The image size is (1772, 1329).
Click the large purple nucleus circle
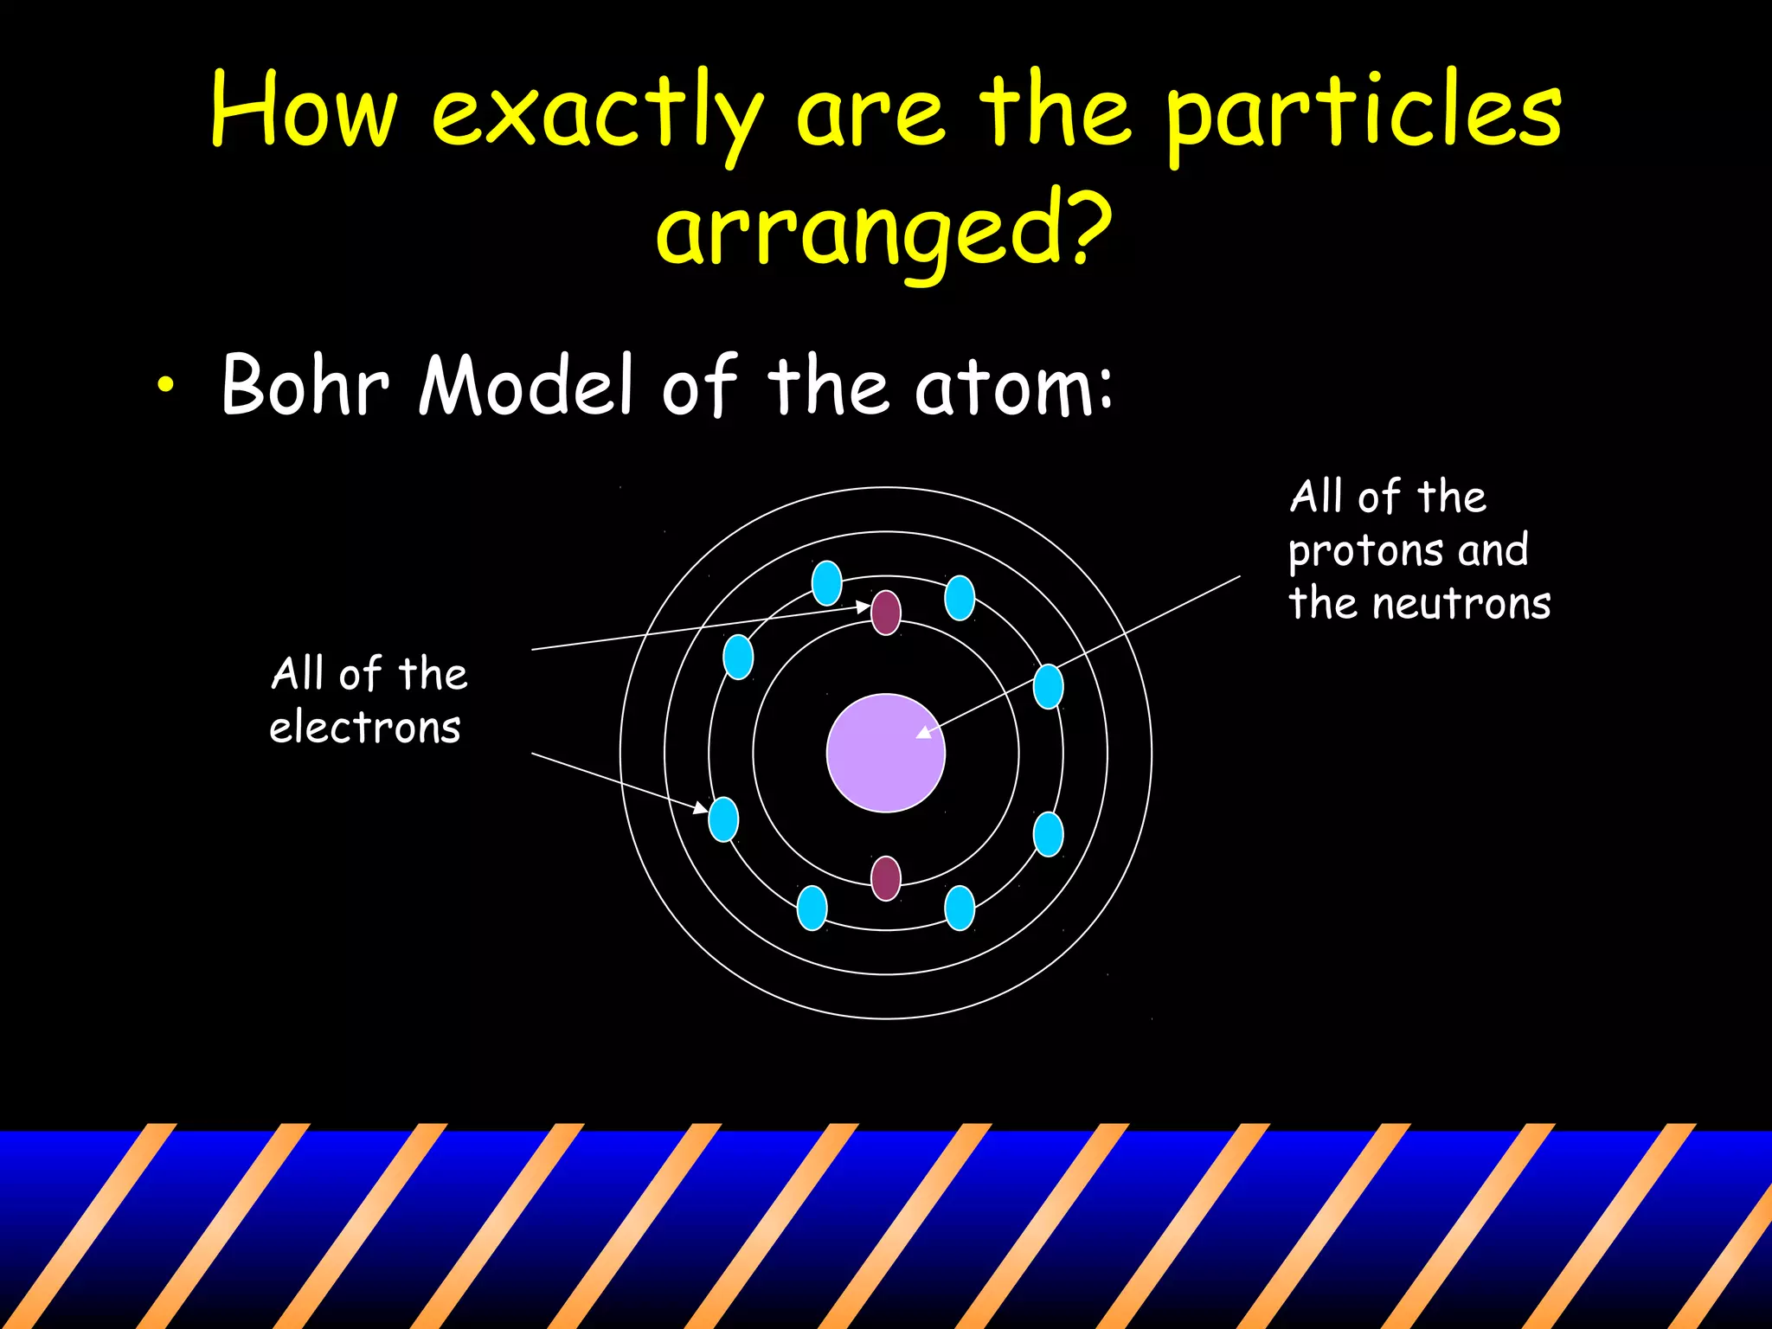(x=885, y=752)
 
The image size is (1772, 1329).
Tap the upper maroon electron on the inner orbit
(x=885, y=613)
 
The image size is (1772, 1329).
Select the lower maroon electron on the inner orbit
(x=885, y=878)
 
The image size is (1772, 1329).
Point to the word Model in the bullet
(x=526, y=384)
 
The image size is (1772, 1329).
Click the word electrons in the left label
(x=364, y=727)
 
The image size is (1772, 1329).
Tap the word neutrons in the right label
(x=1461, y=604)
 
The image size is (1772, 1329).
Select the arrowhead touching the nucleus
(x=924, y=732)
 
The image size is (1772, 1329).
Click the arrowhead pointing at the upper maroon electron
(x=863, y=607)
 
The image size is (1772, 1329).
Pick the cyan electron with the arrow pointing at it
(x=723, y=819)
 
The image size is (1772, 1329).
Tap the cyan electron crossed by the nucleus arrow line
(x=1048, y=686)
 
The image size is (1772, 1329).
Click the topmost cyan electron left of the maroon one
(x=827, y=582)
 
